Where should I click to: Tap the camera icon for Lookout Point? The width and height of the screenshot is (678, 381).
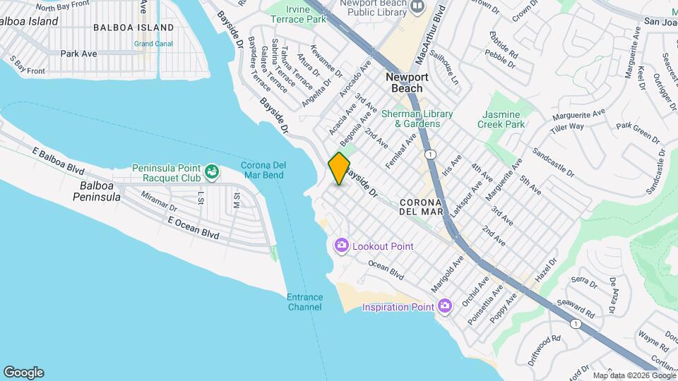(342, 246)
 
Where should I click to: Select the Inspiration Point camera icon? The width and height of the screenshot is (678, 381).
(444, 306)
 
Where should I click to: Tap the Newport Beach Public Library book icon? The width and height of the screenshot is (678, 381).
(418, 7)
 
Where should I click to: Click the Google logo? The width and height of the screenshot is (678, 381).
(23, 373)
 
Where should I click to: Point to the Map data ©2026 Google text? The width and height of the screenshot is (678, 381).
(634, 375)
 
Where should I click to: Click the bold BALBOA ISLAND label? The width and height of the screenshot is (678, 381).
(133, 28)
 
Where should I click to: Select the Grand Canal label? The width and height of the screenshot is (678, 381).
(153, 44)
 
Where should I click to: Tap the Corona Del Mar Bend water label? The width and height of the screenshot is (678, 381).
(262, 170)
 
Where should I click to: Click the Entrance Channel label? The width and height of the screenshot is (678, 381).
(305, 302)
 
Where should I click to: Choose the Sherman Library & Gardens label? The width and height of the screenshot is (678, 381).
(410, 119)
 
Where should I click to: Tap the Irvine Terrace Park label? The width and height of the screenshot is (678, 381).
(297, 15)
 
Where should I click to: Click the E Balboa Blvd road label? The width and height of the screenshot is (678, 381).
(58, 161)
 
